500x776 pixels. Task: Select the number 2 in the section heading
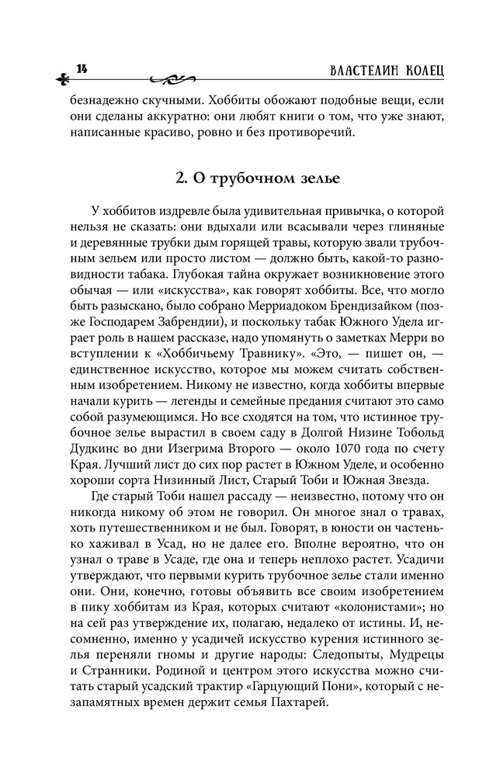click(179, 177)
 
